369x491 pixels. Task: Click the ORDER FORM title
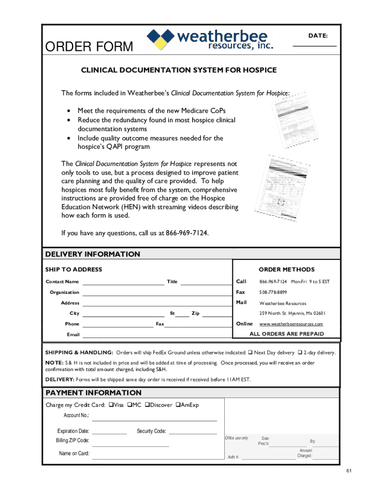(x=89, y=47)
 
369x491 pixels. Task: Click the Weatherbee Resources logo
(x=210, y=39)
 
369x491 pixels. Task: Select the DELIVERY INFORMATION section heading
(x=92, y=254)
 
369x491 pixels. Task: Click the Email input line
(x=156, y=337)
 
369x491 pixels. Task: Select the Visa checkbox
(x=111, y=405)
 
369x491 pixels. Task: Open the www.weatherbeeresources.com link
(x=291, y=324)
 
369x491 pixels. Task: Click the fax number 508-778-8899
(x=273, y=292)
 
